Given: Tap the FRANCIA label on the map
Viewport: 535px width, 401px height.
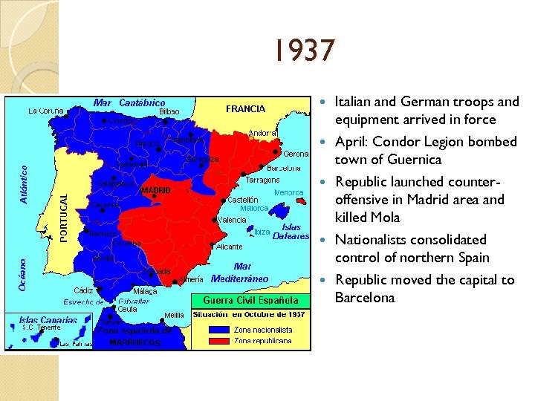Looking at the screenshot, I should (x=245, y=108).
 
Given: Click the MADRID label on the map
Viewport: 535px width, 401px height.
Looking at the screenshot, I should (x=156, y=191).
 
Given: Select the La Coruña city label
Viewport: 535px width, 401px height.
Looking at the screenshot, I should (x=46, y=111).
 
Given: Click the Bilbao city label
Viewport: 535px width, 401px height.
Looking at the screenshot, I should (x=169, y=111).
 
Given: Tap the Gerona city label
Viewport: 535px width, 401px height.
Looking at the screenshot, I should (x=296, y=154).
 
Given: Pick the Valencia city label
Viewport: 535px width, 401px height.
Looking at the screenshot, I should (x=232, y=221).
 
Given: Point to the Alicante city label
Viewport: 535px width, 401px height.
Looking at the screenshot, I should (x=229, y=246).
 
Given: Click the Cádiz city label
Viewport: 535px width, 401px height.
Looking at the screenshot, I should (x=83, y=290).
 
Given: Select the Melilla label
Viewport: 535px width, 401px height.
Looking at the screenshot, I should (x=174, y=316).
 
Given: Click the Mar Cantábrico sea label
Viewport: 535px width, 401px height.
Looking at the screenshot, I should (x=129, y=102).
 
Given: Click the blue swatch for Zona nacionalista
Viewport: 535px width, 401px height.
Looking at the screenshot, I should (x=219, y=329).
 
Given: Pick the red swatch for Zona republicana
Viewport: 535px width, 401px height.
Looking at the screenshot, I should (x=219, y=341).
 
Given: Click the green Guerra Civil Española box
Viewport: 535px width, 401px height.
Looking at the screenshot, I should (x=245, y=301).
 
